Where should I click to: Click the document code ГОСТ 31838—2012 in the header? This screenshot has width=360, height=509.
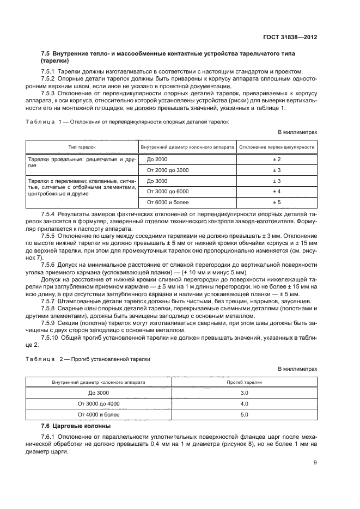(289, 38)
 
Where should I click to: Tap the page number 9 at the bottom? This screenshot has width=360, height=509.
(315, 463)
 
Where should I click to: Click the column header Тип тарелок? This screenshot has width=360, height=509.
(82, 147)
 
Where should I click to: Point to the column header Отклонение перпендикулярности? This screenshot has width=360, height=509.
(277, 147)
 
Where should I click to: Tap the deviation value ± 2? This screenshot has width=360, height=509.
(277, 159)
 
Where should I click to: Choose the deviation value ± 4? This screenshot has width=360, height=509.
(277, 191)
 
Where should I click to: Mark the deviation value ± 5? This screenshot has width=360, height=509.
(277, 202)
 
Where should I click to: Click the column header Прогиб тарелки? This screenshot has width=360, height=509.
(244, 382)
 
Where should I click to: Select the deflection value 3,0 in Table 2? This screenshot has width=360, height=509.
(244, 393)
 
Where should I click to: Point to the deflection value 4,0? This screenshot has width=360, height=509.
(244, 403)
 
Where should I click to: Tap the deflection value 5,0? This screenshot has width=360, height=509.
(244, 414)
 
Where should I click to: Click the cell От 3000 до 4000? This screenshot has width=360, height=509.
(99, 403)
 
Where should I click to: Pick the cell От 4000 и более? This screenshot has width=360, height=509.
(99, 414)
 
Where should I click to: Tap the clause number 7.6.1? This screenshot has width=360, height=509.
(49, 438)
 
